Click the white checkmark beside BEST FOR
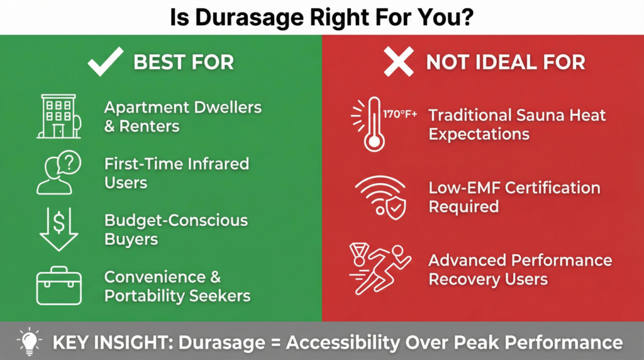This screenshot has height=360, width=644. pyautogui.click(x=105, y=62)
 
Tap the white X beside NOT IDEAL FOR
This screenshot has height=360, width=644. pyautogui.click(x=399, y=62)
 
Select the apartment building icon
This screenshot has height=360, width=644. pyautogui.click(x=58, y=116)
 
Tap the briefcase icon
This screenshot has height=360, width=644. pyautogui.click(x=58, y=287)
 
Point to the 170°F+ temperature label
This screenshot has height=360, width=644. pyautogui.click(x=400, y=115)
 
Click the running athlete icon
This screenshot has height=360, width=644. pyautogui.click(x=378, y=269)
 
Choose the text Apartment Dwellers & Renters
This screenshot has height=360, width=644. pyautogui.click(x=182, y=116)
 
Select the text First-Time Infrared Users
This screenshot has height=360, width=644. pyautogui.click(x=176, y=173)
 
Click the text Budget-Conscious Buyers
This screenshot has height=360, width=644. pyautogui.click(x=175, y=230)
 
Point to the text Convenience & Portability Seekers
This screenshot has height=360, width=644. pyautogui.click(x=177, y=286)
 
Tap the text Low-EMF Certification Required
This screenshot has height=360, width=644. pyautogui.click(x=514, y=196)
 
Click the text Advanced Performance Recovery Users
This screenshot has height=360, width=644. pyautogui.click(x=519, y=269)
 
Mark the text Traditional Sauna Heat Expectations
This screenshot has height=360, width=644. pyautogui.click(x=517, y=124)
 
